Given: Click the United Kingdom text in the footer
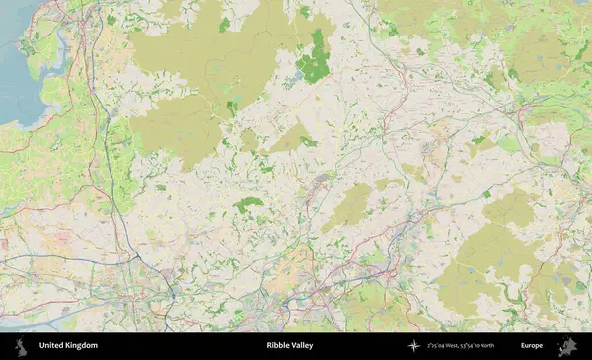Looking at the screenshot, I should (x=68, y=346).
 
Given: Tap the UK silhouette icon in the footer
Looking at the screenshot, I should (x=20, y=346).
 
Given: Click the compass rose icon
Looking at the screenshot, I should (x=413, y=346).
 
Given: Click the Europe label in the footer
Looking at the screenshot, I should (x=532, y=346).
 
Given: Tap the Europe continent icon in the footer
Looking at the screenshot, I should (x=568, y=346).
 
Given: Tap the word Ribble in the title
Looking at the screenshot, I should (x=275, y=346).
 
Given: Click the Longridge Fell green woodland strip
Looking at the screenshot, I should (x=249, y=204).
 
